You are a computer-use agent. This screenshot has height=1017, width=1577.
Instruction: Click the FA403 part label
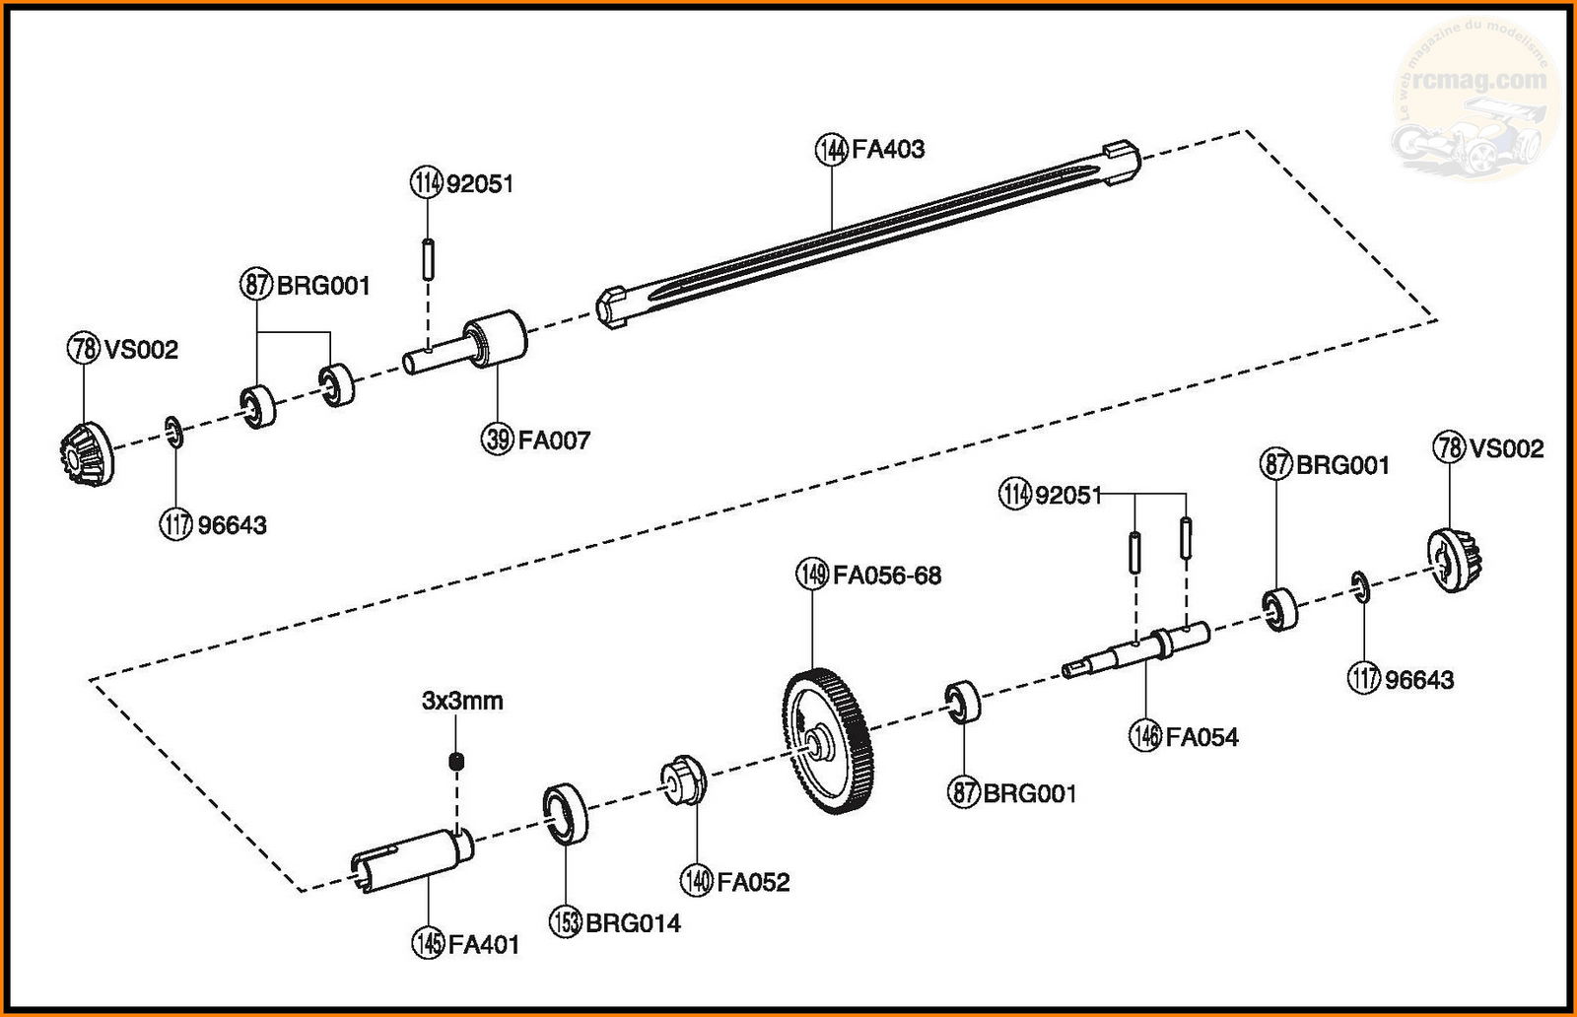[888, 150]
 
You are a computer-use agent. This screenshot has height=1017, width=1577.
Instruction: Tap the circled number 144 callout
[832, 150]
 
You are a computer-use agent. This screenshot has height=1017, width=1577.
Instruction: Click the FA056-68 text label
[887, 575]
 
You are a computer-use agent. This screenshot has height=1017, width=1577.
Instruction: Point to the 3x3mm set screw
[456, 761]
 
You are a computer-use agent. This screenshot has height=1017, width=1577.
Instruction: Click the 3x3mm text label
[462, 702]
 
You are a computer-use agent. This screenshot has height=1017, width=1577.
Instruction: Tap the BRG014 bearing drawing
[565, 813]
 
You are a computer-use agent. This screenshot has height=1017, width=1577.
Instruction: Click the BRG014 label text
[633, 923]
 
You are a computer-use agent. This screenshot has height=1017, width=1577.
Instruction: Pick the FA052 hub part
[683, 780]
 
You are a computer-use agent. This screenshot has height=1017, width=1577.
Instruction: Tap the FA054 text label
[1201, 737]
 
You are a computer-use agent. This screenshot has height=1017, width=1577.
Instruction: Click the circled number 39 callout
[498, 440]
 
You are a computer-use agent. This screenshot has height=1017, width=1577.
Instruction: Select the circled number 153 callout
[565, 922]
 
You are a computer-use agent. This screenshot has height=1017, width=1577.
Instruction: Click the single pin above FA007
[428, 258]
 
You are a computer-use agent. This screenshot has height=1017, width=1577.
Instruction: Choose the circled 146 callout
[1145, 737]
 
